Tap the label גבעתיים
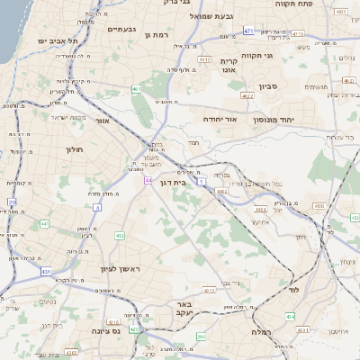(x=121, y=29)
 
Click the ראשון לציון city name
(x=121, y=268)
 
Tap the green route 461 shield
(x=136, y=89)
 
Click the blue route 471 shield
(x=247, y=31)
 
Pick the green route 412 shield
(x=120, y=236)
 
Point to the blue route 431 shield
(x=46, y=270)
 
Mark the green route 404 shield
(x=290, y=316)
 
